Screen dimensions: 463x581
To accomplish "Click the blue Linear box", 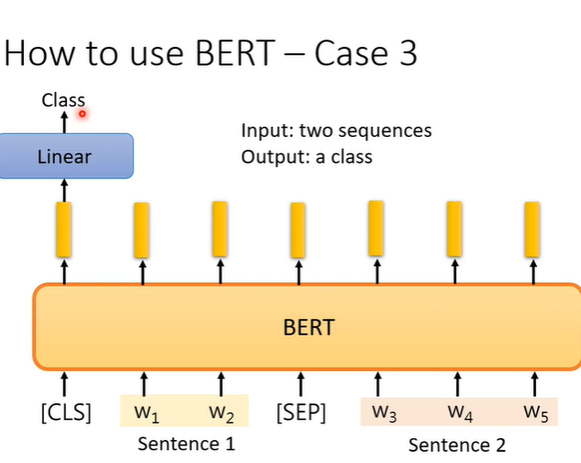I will tap(65, 155).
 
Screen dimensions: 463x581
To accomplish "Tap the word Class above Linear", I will tap(63, 100).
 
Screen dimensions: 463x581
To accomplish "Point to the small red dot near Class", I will tap(82, 114).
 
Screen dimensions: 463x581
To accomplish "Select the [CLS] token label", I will tap(65, 412).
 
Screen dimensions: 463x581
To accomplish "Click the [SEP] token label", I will tap(300, 412).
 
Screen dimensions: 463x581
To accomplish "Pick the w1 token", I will tap(147, 412).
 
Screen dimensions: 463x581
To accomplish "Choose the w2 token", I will tap(221, 412).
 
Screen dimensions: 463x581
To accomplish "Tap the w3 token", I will tap(384, 412).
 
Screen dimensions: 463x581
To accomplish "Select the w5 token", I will tap(536, 412).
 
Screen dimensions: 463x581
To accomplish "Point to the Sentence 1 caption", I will tap(186, 444).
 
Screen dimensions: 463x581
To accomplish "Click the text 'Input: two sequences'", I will tap(336, 130).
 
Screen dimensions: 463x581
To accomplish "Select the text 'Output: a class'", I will tap(307, 156).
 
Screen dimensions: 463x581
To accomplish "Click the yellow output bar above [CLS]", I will tap(63, 229).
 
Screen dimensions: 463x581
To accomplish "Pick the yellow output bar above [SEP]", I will tap(297, 230).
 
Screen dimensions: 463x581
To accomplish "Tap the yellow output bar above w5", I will tap(531, 229).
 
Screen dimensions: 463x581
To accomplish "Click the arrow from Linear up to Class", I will tap(64, 120).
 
